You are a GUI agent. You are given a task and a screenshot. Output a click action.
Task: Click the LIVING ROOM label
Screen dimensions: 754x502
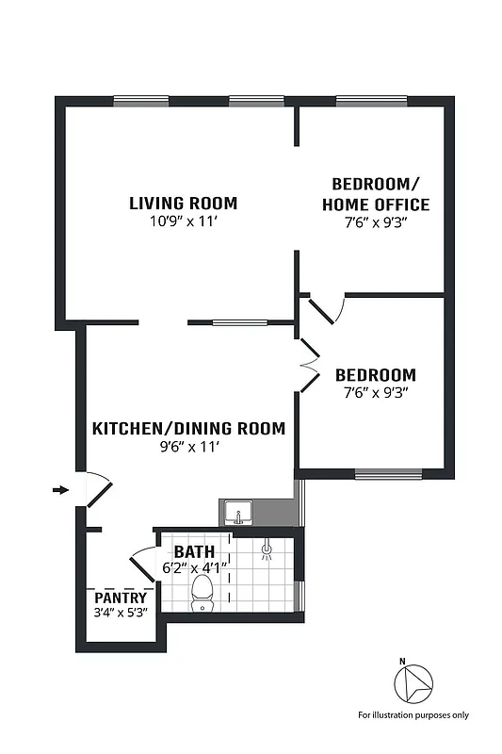[x=183, y=203]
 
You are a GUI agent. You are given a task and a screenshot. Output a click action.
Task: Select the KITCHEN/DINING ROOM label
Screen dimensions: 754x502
[x=188, y=429]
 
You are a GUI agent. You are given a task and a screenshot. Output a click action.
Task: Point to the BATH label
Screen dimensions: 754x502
[x=193, y=551]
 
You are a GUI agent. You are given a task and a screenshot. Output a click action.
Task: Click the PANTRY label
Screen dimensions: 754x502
[x=121, y=598]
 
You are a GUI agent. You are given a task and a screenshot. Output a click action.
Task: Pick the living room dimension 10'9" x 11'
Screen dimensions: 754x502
[x=183, y=221]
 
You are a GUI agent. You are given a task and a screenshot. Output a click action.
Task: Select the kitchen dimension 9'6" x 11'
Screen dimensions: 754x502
[x=188, y=448]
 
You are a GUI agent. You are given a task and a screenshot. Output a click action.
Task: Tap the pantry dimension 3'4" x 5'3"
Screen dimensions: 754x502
[x=121, y=613]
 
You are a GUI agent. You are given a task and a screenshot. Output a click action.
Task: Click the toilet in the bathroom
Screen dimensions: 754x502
[x=202, y=593]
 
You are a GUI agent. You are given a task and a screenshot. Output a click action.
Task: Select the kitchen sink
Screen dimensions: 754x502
[x=238, y=514]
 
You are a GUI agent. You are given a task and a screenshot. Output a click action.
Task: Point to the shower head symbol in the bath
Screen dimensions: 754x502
[x=267, y=548]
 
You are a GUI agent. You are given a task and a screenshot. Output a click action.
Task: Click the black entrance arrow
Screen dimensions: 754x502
[x=61, y=490]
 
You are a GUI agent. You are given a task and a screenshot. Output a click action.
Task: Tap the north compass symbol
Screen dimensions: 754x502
[x=411, y=681]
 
